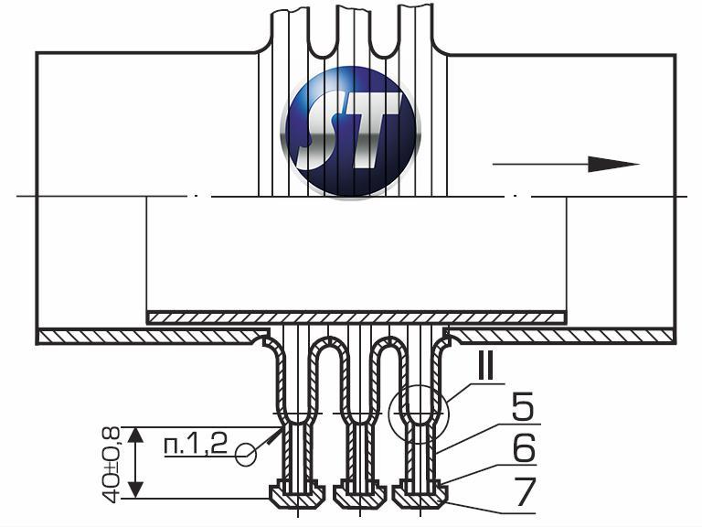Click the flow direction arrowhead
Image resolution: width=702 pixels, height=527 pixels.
(613, 164)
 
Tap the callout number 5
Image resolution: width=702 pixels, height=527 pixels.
(523, 406)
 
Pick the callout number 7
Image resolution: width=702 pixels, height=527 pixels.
(524, 491)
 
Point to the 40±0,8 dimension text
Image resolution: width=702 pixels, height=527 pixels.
(110, 464)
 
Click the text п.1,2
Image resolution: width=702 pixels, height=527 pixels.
(197, 445)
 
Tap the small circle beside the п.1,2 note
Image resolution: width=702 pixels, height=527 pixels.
(246, 455)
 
